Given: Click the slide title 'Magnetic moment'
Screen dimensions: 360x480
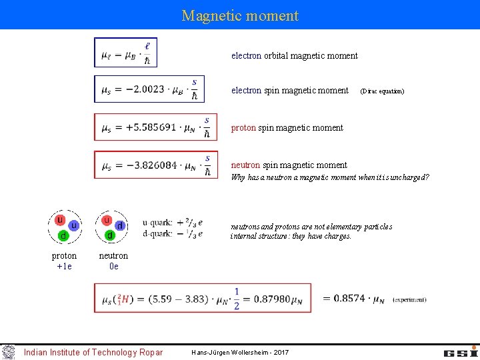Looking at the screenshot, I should click(240, 15).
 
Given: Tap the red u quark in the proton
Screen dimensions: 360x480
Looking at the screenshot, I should click(59, 220).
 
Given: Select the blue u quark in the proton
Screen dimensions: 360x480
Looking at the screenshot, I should click(73, 226).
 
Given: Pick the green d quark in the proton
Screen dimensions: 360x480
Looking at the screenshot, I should click(63, 236).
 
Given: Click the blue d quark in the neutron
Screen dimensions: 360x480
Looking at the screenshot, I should click(120, 226).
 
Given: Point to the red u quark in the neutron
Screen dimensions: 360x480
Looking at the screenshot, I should click(106, 220).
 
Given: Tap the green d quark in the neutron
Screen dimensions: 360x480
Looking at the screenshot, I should click(109, 236).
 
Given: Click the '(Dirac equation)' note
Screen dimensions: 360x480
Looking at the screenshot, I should click(382, 91).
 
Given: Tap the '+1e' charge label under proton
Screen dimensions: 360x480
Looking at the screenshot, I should click(64, 267).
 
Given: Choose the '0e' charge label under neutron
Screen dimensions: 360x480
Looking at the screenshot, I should click(113, 267).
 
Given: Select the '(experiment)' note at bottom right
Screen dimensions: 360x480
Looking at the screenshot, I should click(409, 300).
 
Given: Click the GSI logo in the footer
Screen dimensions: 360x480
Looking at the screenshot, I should click(461, 351).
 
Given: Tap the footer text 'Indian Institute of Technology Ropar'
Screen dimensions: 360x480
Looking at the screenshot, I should click(93, 352).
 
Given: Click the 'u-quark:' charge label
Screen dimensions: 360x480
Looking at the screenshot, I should click(157, 223).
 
